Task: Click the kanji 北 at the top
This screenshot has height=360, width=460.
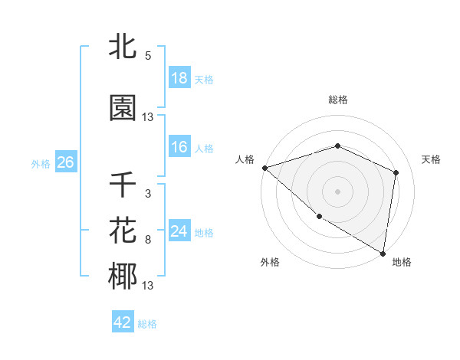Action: pyautogui.click(x=123, y=47)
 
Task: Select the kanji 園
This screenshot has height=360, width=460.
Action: pyautogui.click(x=123, y=108)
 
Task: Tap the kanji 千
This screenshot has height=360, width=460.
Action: pyautogui.click(x=123, y=185)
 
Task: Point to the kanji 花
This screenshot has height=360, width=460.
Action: pyautogui.click(x=123, y=231)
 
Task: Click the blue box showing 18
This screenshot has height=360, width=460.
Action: pyautogui.click(x=179, y=78)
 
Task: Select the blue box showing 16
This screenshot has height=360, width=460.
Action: pyautogui.click(x=179, y=147)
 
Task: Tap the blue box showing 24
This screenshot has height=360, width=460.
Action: pyautogui.click(x=179, y=231)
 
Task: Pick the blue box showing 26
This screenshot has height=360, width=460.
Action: pyautogui.click(x=65, y=162)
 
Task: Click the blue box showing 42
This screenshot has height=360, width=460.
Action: pyautogui.click(x=123, y=322)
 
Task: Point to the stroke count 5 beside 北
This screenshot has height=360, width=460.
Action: pyautogui.click(x=148, y=56)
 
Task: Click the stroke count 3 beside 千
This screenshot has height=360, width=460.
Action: pyautogui.click(x=148, y=194)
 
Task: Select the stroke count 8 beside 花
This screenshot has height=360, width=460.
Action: pyautogui.click(x=148, y=240)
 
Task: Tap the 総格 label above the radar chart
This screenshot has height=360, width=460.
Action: pyautogui.click(x=338, y=100)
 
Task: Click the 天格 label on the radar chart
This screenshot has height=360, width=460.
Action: pyautogui.click(x=431, y=159)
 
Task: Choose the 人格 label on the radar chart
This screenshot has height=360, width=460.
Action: pyautogui.click(x=245, y=159)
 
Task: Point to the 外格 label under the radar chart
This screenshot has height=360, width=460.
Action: pyautogui.click(x=269, y=262)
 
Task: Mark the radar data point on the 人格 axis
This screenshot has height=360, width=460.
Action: pyautogui.click(x=264, y=167)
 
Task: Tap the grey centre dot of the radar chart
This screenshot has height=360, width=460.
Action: pyautogui.click(x=337, y=191)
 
